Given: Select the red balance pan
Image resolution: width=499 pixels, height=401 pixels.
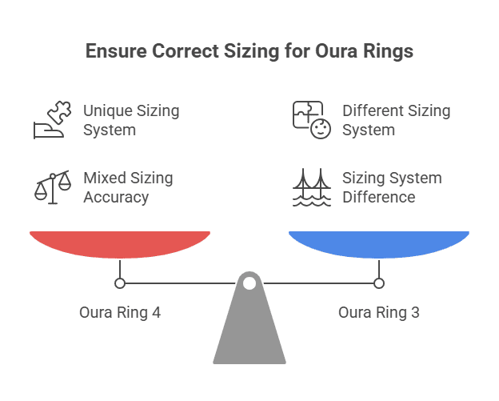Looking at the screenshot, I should pyautogui.click(x=120, y=243).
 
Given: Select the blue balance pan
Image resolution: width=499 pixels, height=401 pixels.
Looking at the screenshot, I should pyautogui.click(x=379, y=243).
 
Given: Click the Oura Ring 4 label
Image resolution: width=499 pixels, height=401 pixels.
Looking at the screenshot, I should pyautogui.click(x=120, y=312).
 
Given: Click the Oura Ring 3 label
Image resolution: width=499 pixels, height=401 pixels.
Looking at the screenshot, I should pyautogui.click(x=379, y=312).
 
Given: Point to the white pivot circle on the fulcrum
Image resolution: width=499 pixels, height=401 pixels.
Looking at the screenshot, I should pyautogui.click(x=249, y=283).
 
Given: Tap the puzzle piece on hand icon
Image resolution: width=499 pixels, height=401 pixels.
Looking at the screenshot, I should pyautogui.click(x=50, y=120).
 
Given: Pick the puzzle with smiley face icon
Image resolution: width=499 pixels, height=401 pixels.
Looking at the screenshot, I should pyautogui.click(x=309, y=120).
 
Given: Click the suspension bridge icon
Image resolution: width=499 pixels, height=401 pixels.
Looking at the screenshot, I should pyautogui.click(x=309, y=187).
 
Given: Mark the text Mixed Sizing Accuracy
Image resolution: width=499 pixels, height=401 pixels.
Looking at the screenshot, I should pyautogui.click(x=128, y=187).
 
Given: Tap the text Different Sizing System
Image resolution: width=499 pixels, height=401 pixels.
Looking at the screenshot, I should pyautogui.click(x=396, y=120).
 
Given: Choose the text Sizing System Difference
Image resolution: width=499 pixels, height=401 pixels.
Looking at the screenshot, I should pyautogui.click(x=392, y=187).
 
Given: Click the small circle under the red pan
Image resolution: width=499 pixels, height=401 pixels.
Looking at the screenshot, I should pyautogui.click(x=120, y=283).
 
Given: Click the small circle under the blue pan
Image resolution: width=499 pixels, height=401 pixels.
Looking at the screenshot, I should pyautogui.click(x=379, y=283).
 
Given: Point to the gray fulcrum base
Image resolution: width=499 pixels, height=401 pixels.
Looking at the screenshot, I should pyautogui.click(x=249, y=332).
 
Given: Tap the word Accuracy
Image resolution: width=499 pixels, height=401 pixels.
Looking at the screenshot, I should pyautogui.click(x=116, y=197).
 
